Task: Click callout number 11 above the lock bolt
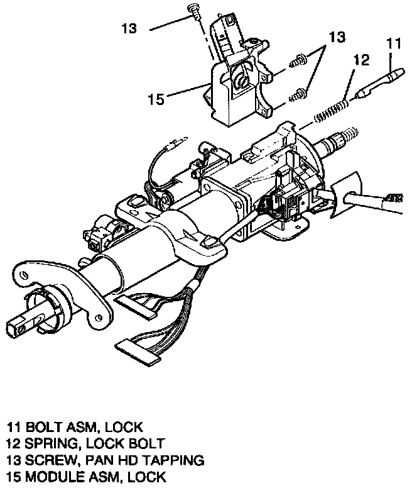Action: pos(393,45)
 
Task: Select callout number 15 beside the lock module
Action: pos(156,99)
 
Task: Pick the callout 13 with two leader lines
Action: pos(337,38)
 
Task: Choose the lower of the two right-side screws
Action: pos(298,95)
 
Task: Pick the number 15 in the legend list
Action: pos(14,476)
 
